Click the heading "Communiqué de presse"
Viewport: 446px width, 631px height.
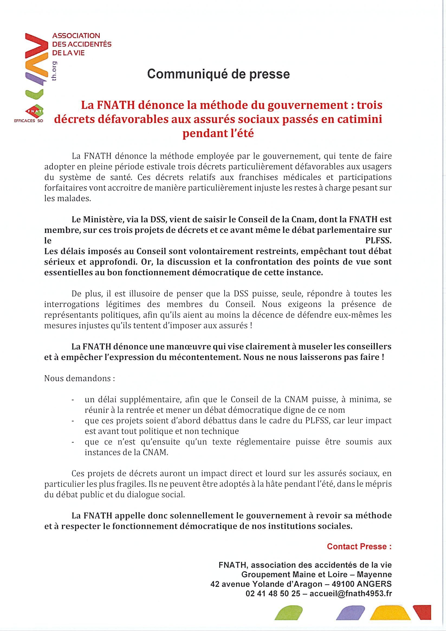(218, 74)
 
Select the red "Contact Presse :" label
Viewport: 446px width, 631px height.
(359, 546)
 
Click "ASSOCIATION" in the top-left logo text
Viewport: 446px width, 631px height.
(76, 36)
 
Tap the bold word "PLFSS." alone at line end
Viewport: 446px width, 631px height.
(378, 241)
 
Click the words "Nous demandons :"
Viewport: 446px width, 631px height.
(79, 378)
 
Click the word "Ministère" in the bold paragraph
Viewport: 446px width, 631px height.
(101, 220)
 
